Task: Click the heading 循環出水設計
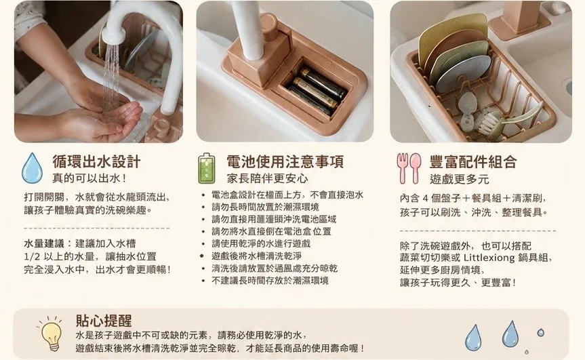(x=96, y=162)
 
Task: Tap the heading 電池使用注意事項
(x=285, y=162)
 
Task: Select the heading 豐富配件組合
(x=473, y=162)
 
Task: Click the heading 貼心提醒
(x=104, y=321)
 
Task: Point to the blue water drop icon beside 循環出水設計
(x=32, y=168)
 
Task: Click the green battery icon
(x=207, y=169)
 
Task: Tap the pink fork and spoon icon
(x=409, y=168)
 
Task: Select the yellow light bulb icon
(x=52, y=334)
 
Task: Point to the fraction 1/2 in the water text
(x=32, y=257)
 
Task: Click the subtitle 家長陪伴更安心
(x=267, y=179)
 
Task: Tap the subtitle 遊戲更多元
(x=460, y=179)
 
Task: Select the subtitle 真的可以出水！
(x=89, y=178)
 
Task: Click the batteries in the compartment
(x=318, y=91)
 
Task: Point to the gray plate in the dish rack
(x=462, y=74)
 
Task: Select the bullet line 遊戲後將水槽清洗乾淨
(x=256, y=256)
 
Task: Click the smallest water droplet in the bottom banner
(x=527, y=352)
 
